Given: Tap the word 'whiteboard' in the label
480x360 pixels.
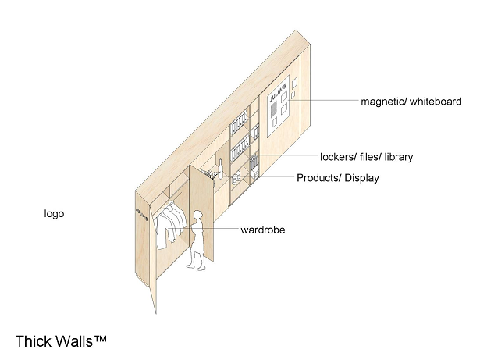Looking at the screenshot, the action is click(x=436, y=101).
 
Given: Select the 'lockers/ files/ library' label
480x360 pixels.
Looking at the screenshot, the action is click(x=366, y=157).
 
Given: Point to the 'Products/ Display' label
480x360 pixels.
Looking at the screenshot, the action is click(x=338, y=178).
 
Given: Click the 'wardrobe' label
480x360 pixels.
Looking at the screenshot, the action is click(x=263, y=230).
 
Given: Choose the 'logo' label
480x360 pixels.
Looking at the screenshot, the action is click(x=54, y=213).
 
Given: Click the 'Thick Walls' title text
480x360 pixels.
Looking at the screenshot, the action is click(x=54, y=341).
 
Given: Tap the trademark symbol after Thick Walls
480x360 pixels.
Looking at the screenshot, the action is click(x=101, y=338).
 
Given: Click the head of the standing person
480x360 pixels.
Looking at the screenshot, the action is click(x=198, y=215).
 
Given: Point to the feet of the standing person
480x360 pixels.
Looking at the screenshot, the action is click(x=196, y=267).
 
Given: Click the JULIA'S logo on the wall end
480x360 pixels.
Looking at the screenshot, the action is click(x=142, y=214).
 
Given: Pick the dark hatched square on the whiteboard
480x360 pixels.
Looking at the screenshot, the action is click(x=273, y=109).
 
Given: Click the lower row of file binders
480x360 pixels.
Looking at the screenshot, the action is click(x=240, y=149).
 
